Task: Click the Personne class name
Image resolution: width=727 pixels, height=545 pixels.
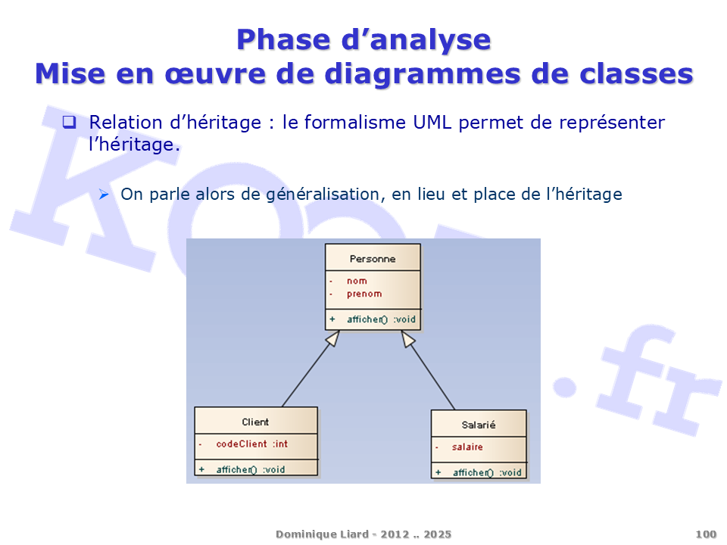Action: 373,259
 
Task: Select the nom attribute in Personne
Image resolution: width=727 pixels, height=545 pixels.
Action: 357,281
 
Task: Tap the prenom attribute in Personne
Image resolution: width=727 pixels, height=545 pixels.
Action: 364,294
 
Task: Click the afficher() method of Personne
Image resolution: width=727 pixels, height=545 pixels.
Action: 381,319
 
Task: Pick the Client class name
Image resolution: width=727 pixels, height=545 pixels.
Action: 255,422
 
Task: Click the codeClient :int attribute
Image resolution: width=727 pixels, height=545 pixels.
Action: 251,444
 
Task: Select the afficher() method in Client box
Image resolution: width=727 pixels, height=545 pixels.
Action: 251,469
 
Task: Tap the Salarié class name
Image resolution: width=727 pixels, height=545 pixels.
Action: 479,425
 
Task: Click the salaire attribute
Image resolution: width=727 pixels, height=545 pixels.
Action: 467,447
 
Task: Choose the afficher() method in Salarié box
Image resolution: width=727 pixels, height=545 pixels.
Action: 487,472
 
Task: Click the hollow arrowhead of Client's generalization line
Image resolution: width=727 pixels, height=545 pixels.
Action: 333,338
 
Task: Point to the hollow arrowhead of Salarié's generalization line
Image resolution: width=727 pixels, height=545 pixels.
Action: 407,339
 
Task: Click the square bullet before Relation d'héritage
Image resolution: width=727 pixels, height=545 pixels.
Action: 69,122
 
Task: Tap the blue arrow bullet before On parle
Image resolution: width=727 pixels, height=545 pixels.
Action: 104,195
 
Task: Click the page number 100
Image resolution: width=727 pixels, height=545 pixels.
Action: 706,534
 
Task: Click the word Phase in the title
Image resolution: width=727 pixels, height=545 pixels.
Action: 285,39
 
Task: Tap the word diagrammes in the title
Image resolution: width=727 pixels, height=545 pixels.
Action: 423,74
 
